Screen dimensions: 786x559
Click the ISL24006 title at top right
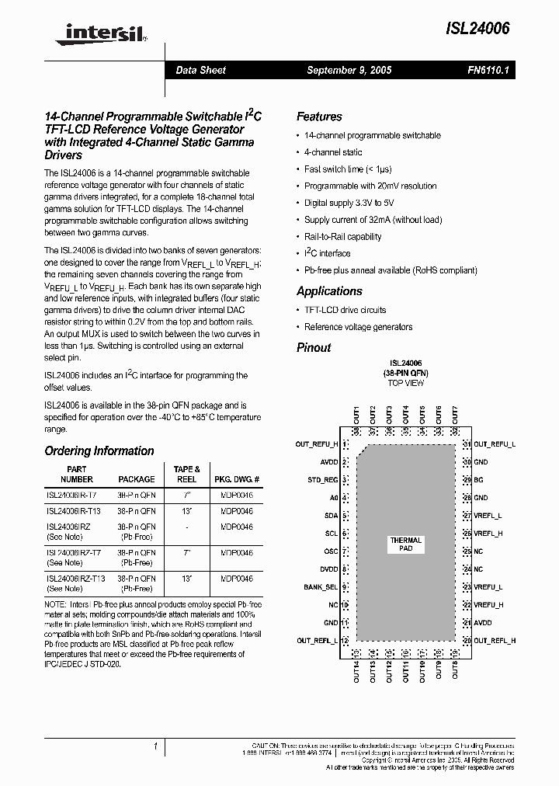pyautogui.click(x=477, y=29)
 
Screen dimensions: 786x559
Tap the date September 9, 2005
pyautogui.click(x=349, y=70)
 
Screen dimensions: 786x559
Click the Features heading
pyautogui.click(x=319, y=117)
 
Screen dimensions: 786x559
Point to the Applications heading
pyautogui.click(x=329, y=291)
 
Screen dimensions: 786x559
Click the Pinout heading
pyautogui.click(x=314, y=347)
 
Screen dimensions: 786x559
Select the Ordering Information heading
pyautogui.click(x=99, y=450)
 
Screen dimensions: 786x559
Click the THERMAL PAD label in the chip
pyautogui.click(x=406, y=544)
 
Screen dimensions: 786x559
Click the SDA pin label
pyautogui.click(x=331, y=516)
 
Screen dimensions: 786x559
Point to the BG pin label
pyautogui.click(x=478, y=480)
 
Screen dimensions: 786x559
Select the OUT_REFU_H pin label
pyautogui.click(x=317, y=444)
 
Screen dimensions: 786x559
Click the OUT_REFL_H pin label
pyautogui.click(x=495, y=641)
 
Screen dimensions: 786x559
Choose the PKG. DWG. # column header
pyautogui.click(x=237, y=479)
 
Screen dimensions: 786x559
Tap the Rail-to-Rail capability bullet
pyautogui.click(x=342, y=237)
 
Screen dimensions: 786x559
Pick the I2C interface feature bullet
pyautogui.click(x=327, y=254)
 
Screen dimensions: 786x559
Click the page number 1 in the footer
pyautogui.click(x=156, y=746)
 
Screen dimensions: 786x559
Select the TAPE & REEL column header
pyautogui.click(x=186, y=474)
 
